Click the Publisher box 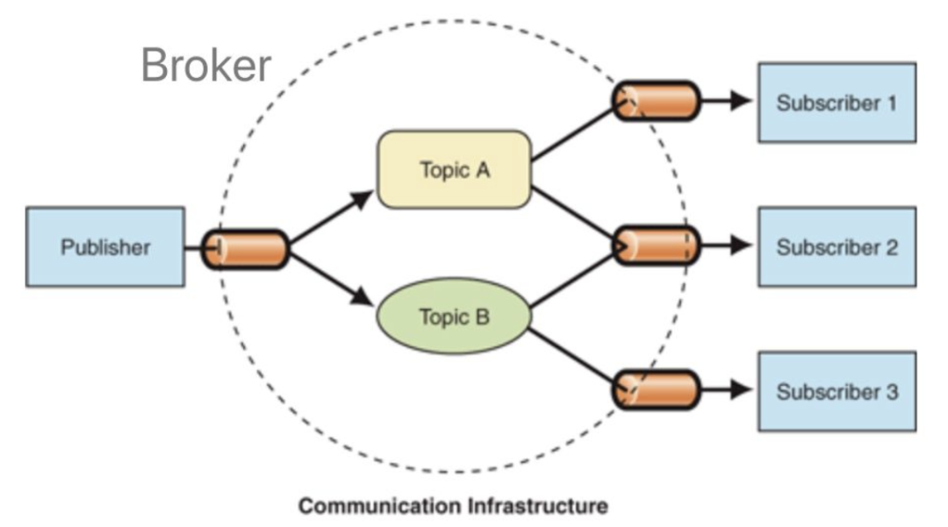click(105, 247)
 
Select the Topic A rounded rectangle click(454, 169)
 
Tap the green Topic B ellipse click(454, 317)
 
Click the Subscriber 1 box click(837, 103)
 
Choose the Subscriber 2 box click(837, 247)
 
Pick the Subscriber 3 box click(837, 391)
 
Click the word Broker click(205, 65)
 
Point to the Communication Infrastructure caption click(453, 506)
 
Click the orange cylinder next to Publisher click(246, 249)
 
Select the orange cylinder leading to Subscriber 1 click(657, 102)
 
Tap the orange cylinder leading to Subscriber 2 click(657, 246)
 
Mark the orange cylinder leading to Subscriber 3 click(657, 390)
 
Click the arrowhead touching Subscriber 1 click(742, 102)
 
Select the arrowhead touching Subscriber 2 click(742, 246)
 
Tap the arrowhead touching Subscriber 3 click(742, 390)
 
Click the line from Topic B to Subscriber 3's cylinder click(572, 354)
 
